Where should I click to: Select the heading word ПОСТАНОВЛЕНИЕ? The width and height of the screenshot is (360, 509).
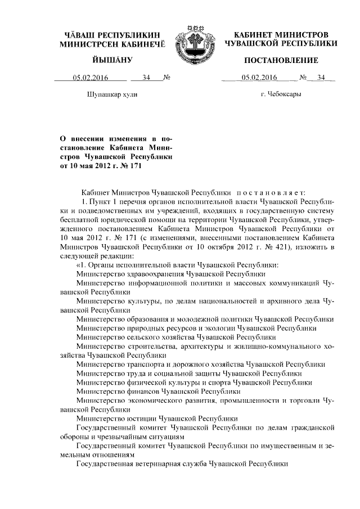click(280, 60)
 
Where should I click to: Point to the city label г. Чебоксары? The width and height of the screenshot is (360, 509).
click(281, 95)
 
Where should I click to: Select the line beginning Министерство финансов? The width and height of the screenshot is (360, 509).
click(159, 390)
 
